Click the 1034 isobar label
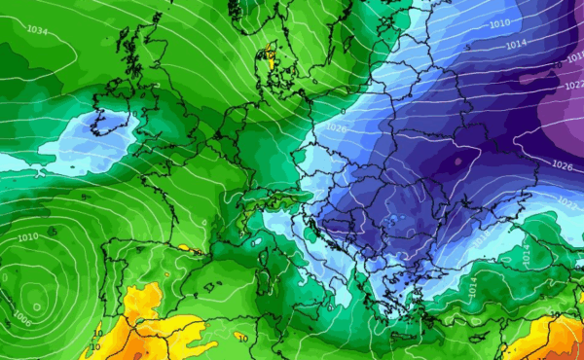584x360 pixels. pos(37,31)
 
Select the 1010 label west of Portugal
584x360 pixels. pos(27,236)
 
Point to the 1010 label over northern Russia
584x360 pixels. pos(500,23)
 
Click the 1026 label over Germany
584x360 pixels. pos(338,127)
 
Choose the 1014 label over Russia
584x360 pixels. pos(517,44)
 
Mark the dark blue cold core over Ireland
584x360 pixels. pos(99,123)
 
